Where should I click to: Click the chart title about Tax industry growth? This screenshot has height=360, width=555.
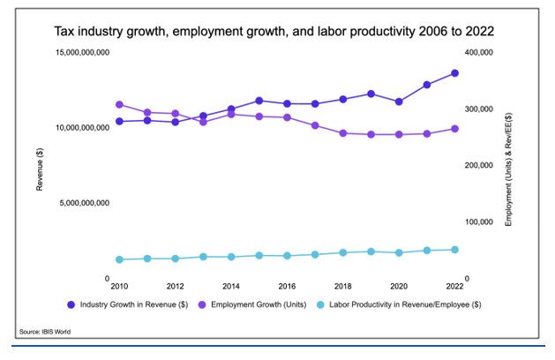pyautogui.click(x=274, y=31)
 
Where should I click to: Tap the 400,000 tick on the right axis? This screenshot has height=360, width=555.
pyautogui.click(x=478, y=53)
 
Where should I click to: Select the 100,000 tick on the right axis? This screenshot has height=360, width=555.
pyautogui.click(x=478, y=221)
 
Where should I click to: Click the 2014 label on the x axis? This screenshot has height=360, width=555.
pyautogui.click(x=231, y=287)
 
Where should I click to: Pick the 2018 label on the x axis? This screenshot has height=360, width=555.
pyautogui.click(x=343, y=287)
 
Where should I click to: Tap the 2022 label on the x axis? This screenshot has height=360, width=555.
pyautogui.click(x=455, y=287)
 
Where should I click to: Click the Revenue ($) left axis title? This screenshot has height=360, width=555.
pyautogui.click(x=40, y=169)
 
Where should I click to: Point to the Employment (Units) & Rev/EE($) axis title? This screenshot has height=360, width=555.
pyautogui.click(x=508, y=168)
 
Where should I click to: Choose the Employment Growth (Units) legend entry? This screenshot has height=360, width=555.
pyautogui.click(x=255, y=305)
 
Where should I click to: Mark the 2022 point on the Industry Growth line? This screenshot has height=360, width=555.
pyautogui.click(x=455, y=73)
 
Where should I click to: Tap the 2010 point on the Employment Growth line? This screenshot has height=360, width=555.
pyautogui.click(x=119, y=104)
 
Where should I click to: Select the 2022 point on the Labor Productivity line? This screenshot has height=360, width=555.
pyautogui.click(x=455, y=250)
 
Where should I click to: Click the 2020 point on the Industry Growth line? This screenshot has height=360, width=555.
pyautogui.click(x=399, y=101)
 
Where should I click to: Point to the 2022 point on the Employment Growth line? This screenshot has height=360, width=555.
pyautogui.click(x=455, y=129)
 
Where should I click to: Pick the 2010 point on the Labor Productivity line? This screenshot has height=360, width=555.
pyautogui.click(x=119, y=259)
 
